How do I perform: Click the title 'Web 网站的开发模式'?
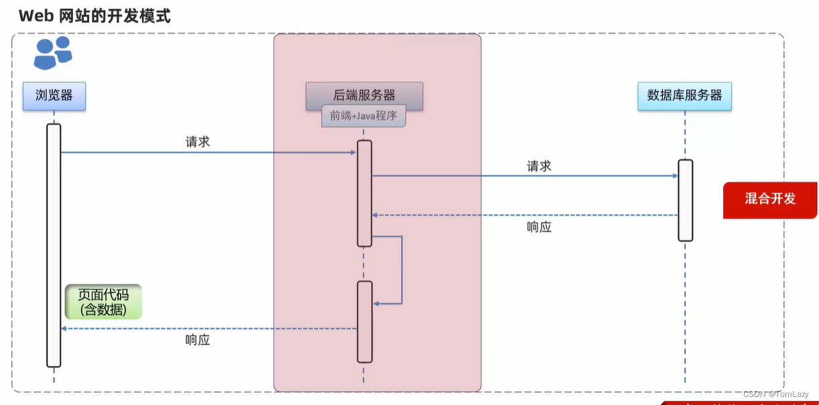tap(94, 16)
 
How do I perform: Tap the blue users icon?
tap(53, 53)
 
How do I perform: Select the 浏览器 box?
tap(54, 96)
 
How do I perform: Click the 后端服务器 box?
tap(365, 95)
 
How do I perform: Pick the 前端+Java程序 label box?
tap(363, 116)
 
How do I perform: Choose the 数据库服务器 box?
tap(684, 96)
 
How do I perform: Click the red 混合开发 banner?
tap(770, 199)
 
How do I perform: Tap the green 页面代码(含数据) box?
tap(103, 302)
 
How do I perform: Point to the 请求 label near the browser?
tap(198, 142)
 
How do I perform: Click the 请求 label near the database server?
tap(539, 166)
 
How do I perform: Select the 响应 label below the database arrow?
tap(539, 227)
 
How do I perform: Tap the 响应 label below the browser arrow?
tap(198, 340)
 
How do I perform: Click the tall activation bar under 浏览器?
tap(54, 244)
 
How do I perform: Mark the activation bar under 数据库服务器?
tap(685, 200)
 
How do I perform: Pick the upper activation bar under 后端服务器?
tap(365, 193)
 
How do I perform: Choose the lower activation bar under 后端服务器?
tap(365, 321)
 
